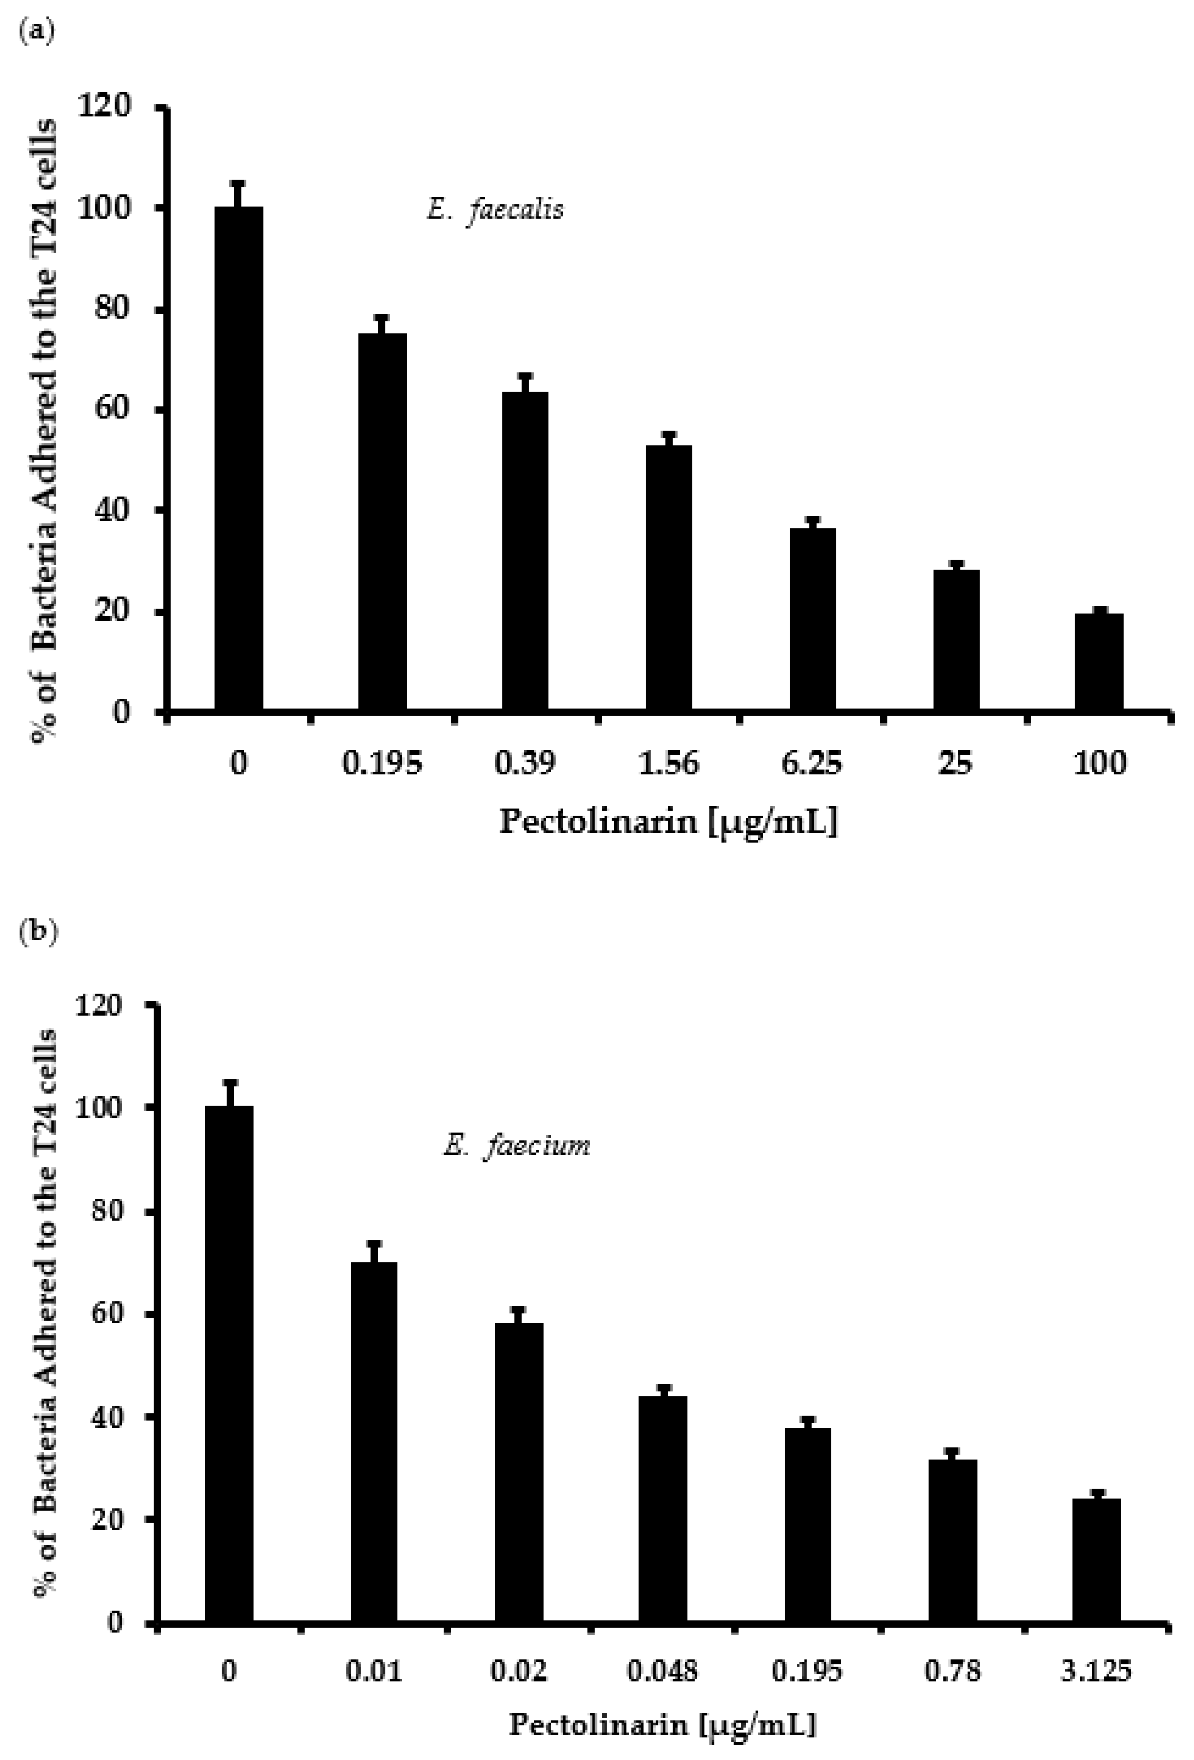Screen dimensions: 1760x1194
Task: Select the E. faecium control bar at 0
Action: pos(229,1363)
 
